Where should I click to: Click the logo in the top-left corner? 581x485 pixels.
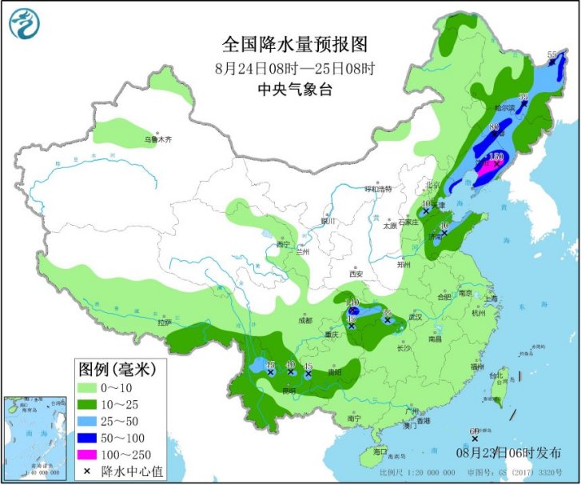[x=25, y=23]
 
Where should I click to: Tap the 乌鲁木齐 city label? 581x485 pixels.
[x=157, y=139]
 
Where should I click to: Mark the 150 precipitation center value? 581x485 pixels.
[x=497, y=156]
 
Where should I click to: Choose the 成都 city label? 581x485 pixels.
[x=305, y=320]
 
